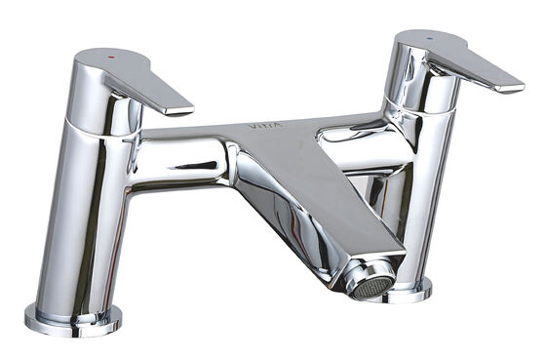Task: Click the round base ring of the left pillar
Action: point(74,319)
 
